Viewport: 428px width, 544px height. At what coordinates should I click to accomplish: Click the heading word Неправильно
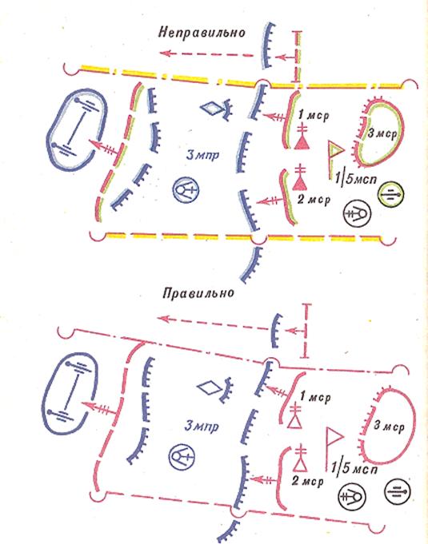[x=202, y=32]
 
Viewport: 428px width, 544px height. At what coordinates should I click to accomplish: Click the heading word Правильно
[x=198, y=293]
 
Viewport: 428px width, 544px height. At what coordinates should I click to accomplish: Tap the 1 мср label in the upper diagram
[x=314, y=115]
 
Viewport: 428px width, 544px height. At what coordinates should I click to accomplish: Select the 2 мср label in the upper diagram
[x=314, y=199]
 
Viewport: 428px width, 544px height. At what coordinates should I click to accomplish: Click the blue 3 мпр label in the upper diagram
[x=203, y=155]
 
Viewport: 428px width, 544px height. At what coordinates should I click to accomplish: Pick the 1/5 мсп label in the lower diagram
[x=354, y=468]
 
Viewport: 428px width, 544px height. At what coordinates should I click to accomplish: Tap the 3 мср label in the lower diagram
[x=389, y=426]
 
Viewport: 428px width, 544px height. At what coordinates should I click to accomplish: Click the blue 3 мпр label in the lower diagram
[x=202, y=425]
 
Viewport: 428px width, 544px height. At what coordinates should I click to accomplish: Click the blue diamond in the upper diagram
[x=211, y=108]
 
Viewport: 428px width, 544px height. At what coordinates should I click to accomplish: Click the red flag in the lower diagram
[x=333, y=449]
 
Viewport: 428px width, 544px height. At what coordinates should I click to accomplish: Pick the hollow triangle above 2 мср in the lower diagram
[x=300, y=463]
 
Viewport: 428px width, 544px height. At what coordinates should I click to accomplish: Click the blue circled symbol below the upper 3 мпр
[x=186, y=190]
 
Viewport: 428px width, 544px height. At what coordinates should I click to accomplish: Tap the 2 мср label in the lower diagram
[x=308, y=481]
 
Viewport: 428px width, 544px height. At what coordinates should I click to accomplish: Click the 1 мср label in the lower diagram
[x=315, y=396]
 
